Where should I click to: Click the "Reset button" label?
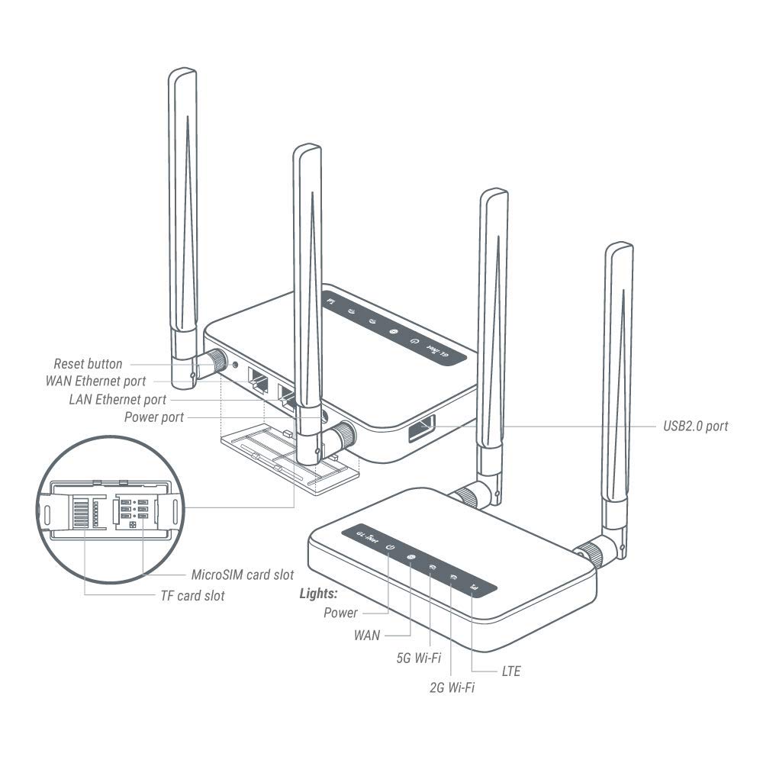click(88, 364)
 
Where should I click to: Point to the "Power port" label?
click(154, 417)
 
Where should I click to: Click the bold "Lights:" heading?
click(319, 593)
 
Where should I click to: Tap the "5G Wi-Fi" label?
click(419, 657)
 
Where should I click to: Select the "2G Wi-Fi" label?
click(452, 688)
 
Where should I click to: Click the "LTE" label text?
click(511, 672)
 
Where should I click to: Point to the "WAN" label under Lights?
click(367, 635)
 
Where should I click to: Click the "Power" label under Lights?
click(340, 613)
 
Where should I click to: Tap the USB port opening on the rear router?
click(422, 429)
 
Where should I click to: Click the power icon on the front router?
click(390, 548)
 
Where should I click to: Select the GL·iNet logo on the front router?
click(366, 536)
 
